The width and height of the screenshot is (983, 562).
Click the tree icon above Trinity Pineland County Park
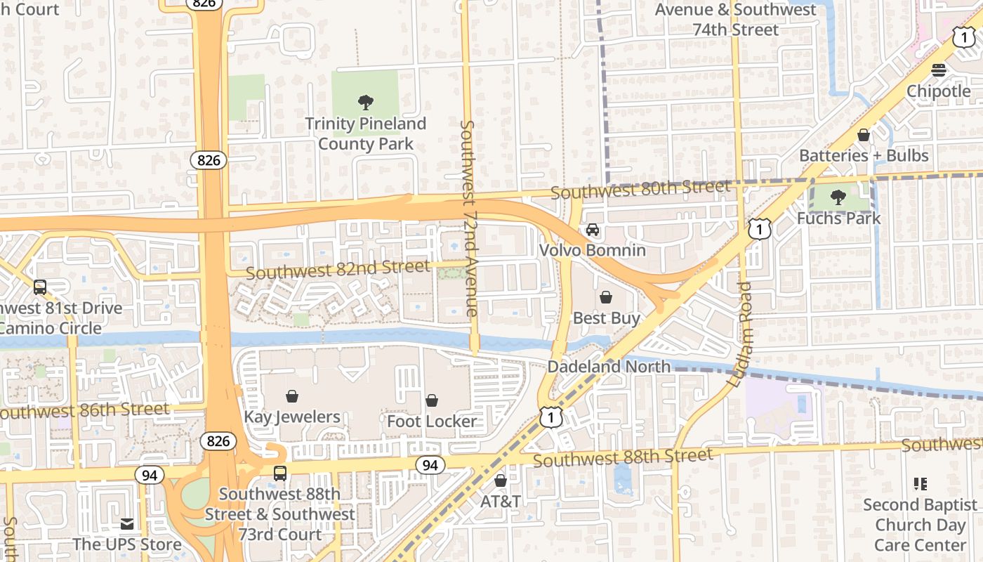tap(365, 103)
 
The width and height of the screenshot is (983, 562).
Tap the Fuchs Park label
tap(838, 218)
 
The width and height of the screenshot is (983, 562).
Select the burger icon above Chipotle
tap(938, 70)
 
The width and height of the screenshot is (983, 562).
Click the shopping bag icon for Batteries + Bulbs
tap(864, 135)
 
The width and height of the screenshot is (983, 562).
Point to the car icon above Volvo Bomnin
tap(593, 230)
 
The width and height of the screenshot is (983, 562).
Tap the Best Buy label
tap(606, 318)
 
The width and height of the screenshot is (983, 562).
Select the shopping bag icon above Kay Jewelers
tap(292, 397)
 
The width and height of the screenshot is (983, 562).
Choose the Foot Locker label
tap(432, 421)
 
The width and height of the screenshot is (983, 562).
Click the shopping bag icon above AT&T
tap(501, 481)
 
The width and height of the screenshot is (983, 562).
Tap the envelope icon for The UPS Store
tap(127, 523)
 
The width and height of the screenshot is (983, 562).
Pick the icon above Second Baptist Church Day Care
tap(920, 483)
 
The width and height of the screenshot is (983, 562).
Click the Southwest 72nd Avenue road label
tap(468, 218)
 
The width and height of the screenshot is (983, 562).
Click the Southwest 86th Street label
tap(84, 410)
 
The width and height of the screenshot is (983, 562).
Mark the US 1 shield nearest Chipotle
tap(964, 38)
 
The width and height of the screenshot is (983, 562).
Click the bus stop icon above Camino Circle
tap(40, 287)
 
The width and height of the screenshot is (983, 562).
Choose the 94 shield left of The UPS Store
tap(149, 476)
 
